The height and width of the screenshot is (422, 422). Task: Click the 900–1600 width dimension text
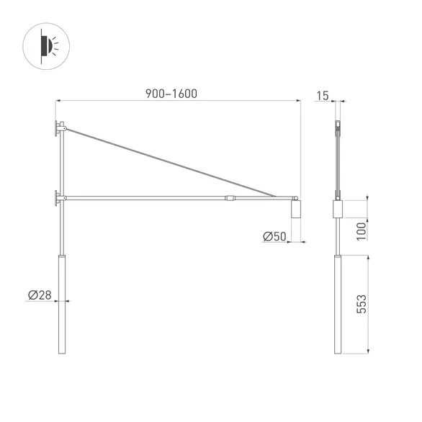tap(171, 94)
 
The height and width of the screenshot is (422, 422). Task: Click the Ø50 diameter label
tap(274, 236)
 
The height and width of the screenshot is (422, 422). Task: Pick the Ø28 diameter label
tap(39, 295)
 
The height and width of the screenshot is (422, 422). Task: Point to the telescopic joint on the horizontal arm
tap(230, 197)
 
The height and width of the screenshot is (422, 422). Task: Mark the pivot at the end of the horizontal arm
tap(295, 197)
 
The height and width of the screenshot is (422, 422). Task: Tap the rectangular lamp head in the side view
tap(337, 210)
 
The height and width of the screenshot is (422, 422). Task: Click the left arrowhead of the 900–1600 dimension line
tap(58, 102)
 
